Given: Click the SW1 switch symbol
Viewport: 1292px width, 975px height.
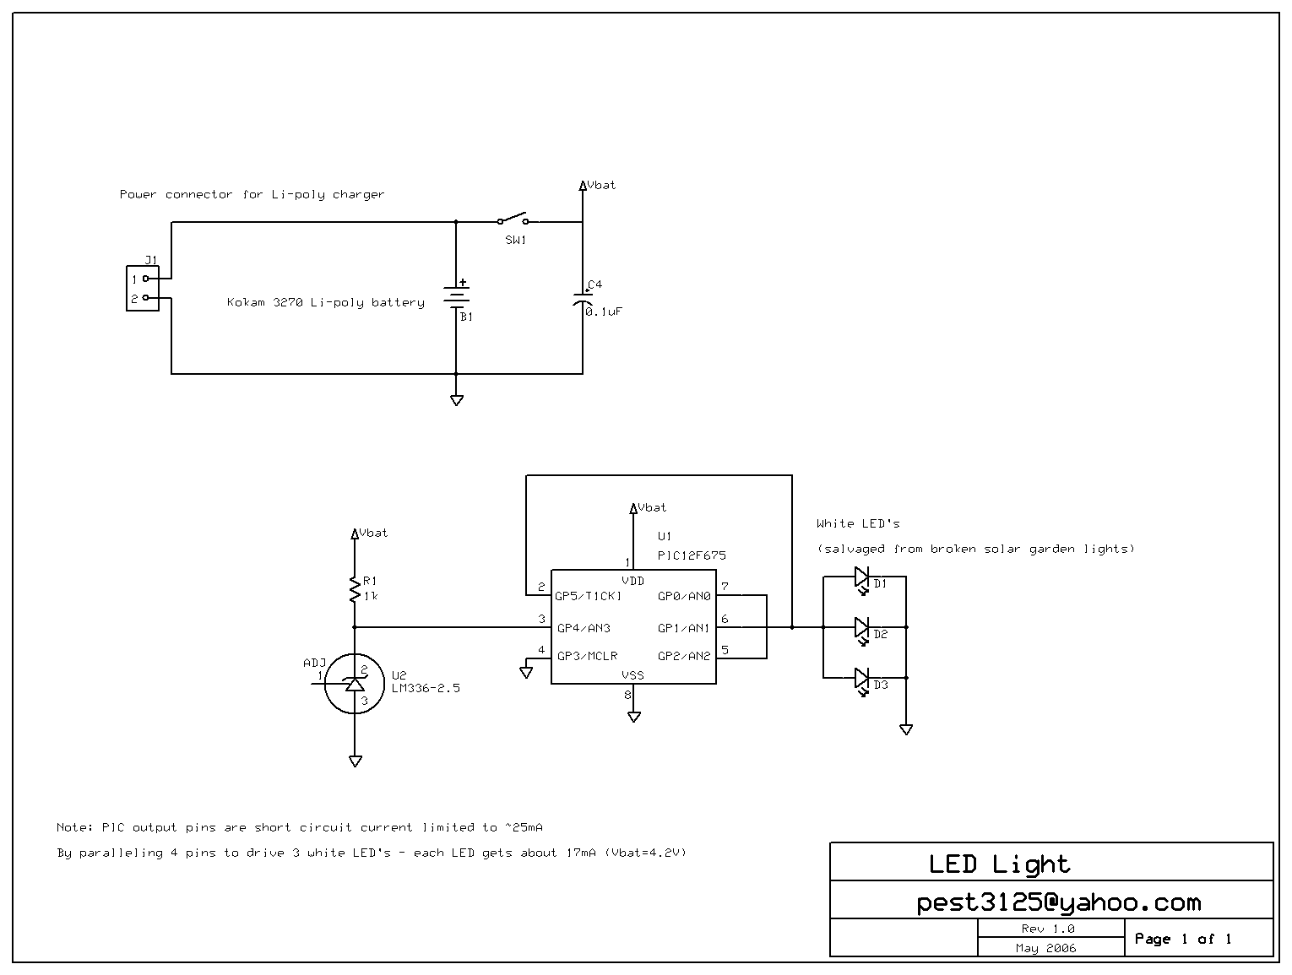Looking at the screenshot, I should tap(513, 219).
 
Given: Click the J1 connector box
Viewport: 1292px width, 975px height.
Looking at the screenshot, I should tap(143, 289).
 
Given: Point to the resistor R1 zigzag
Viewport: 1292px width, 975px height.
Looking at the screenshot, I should tap(355, 588).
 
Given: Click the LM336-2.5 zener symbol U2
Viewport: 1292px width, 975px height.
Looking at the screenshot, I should tap(355, 683).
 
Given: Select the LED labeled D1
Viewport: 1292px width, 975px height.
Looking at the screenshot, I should tap(861, 577).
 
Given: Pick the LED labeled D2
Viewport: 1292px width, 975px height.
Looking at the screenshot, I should tap(861, 627).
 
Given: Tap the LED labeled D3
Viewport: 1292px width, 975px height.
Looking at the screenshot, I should tap(861, 678).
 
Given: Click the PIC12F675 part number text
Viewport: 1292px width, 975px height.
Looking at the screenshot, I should tap(691, 555).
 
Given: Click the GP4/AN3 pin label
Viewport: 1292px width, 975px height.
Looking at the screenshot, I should tap(584, 628).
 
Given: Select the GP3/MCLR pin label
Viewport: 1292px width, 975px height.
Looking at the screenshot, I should tap(587, 656).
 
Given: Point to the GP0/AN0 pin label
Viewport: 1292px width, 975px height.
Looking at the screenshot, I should tap(684, 596).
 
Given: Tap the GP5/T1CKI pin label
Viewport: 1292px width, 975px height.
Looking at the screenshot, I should tap(588, 596).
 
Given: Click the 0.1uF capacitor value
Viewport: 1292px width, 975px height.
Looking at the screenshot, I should tap(605, 311).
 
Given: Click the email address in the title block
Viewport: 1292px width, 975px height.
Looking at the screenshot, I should tap(1058, 902).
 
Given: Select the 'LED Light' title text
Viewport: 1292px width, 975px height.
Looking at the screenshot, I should tap(999, 864).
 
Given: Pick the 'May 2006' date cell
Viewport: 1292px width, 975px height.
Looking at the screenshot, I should tap(1045, 948).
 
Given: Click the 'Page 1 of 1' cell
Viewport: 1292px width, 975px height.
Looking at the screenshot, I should tap(1182, 939).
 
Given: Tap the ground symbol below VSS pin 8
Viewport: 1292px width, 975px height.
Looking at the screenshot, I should tap(633, 717).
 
